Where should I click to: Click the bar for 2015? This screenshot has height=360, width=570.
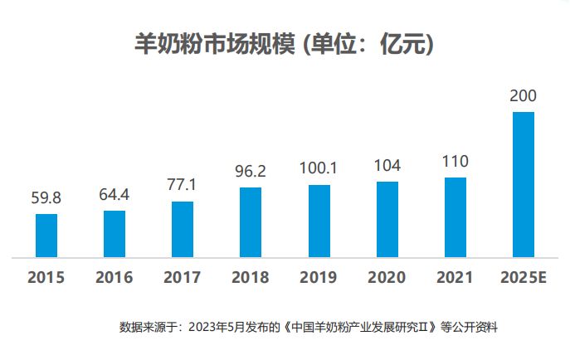click(46, 236)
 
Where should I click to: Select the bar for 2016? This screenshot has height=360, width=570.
click(114, 234)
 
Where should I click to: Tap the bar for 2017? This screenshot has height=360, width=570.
click(183, 229)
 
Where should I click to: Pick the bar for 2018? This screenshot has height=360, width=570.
click(251, 222)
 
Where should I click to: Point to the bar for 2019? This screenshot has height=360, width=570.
click(319, 221)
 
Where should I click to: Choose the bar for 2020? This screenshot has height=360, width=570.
click(387, 219)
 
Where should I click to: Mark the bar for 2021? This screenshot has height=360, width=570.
click(456, 217)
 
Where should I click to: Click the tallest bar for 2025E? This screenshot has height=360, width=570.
click(524, 184)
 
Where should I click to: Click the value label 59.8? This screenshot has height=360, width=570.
click(46, 198)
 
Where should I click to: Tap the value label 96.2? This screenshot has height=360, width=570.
click(251, 172)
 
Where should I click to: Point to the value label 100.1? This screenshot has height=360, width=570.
click(319, 168)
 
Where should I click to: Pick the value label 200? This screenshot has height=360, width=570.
click(524, 96)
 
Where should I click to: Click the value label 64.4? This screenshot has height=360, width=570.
click(114, 196)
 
